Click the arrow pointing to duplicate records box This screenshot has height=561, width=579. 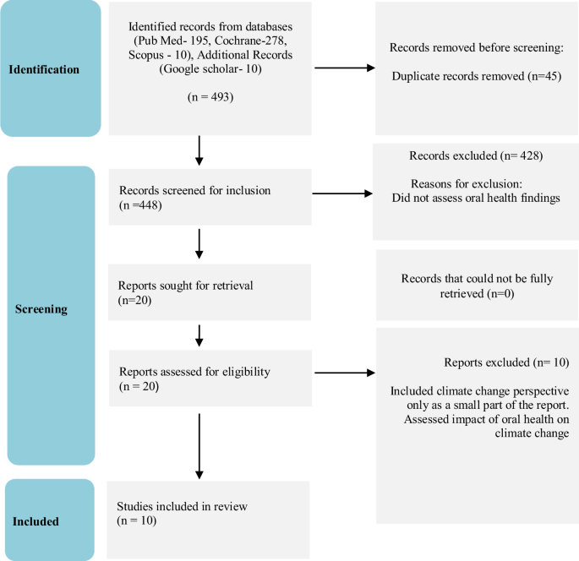(x=343, y=68)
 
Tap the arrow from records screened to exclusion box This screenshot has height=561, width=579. (x=342, y=194)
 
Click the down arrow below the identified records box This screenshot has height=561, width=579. (x=199, y=150)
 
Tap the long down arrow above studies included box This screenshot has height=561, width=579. (x=199, y=446)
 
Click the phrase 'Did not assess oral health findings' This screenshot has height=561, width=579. (x=475, y=198)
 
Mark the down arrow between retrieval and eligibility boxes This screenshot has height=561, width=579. (x=199, y=334)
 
